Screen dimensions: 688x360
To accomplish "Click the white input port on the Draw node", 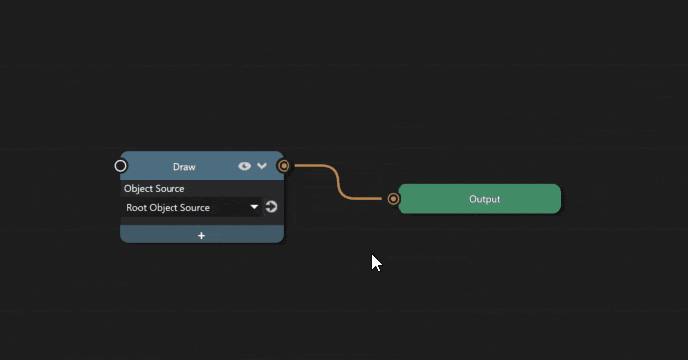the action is [121, 166].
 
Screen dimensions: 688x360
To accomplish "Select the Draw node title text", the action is [184, 167].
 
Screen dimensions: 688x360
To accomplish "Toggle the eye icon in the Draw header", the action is [244, 166].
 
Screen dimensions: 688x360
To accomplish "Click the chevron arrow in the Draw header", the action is [262, 166].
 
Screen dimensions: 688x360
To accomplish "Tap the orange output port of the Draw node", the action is [284, 166].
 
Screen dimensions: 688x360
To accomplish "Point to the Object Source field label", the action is [154, 188].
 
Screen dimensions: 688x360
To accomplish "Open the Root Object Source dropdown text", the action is [168, 208].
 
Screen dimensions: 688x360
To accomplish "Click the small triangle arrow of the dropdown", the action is [255, 207].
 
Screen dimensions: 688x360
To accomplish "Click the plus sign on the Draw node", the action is [201, 236].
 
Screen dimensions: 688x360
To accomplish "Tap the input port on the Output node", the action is [394, 199].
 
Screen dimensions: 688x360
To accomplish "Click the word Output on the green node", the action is [484, 199].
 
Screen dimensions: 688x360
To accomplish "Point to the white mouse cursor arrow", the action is [375, 261].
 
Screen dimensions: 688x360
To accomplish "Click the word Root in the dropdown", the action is [136, 208].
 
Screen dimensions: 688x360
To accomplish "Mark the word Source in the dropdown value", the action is [195, 208].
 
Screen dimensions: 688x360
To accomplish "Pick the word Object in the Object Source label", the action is [139, 188].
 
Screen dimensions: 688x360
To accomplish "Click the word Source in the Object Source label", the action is [171, 188].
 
